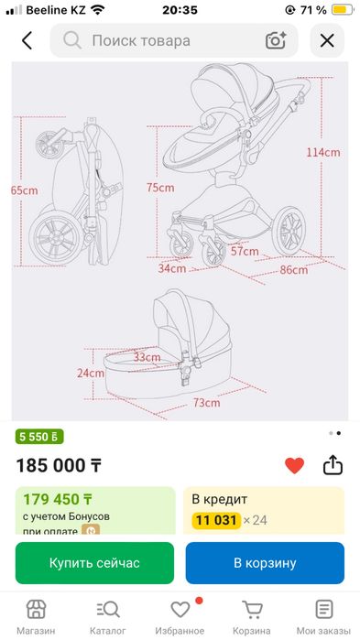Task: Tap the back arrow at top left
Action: (x=27, y=41)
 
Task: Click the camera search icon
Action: (x=276, y=40)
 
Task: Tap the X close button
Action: (x=327, y=41)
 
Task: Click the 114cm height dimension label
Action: (x=323, y=152)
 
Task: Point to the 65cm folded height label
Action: (x=25, y=190)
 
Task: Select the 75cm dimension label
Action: (x=160, y=188)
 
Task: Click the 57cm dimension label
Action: (x=245, y=251)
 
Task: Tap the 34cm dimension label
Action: (x=172, y=268)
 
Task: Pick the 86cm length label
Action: (x=294, y=270)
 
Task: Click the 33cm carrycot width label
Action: (x=147, y=357)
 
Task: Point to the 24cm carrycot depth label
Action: (x=91, y=373)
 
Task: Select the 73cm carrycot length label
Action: (x=206, y=403)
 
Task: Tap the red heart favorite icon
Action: (x=294, y=466)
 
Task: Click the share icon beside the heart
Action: (x=333, y=465)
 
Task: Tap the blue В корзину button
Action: (x=265, y=563)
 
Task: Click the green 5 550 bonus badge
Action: (x=39, y=437)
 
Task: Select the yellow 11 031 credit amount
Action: (x=216, y=520)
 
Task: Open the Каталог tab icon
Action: (x=108, y=610)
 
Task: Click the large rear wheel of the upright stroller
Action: (x=289, y=232)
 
